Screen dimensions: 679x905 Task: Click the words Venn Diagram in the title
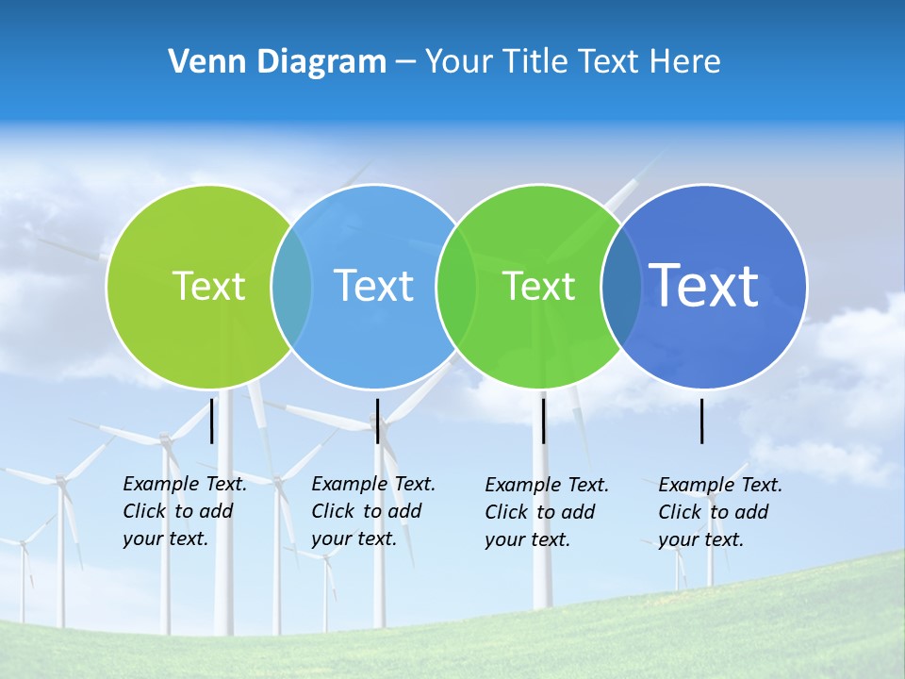pos(277,62)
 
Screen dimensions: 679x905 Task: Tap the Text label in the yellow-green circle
pos(208,286)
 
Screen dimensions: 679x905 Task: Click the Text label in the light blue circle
pos(374,286)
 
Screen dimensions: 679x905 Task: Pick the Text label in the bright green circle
pos(538,286)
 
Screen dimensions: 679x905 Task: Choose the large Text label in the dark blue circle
pos(704,286)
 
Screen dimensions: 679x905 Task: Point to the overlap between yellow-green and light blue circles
pos(291,286)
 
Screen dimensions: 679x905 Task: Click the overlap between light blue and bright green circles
pos(456,286)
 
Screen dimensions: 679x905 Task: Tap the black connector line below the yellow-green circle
pos(212,421)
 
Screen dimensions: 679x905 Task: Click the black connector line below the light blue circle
pos(377,421)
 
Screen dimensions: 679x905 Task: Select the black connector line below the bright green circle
pos(543,421)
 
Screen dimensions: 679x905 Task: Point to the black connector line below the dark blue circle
pos(702,421)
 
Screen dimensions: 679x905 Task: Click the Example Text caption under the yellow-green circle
pos(184,511)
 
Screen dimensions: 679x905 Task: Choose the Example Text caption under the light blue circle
pos(372,511)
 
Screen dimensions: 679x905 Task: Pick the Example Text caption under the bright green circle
pos(546,512)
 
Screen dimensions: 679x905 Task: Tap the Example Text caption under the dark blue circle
pos(719,512)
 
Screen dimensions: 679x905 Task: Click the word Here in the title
pos(685,62)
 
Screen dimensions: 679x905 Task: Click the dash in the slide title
pos(405,62)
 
